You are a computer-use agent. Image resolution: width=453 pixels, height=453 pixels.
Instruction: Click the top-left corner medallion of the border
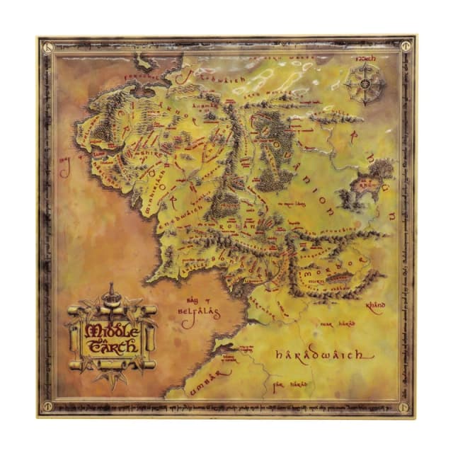[x=46, y=44]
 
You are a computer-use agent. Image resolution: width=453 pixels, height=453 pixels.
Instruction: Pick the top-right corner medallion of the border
[x=406, y=44]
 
